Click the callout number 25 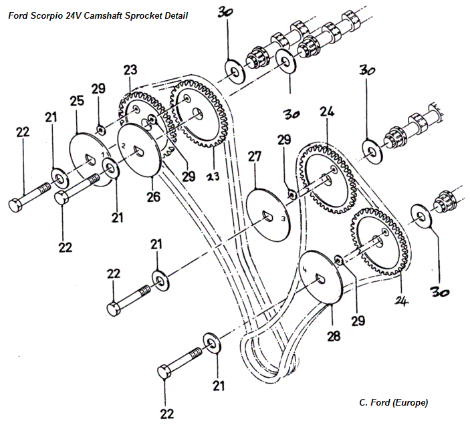(76, 102)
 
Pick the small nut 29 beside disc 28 (338, 259)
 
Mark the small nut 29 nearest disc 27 (292, 194)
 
